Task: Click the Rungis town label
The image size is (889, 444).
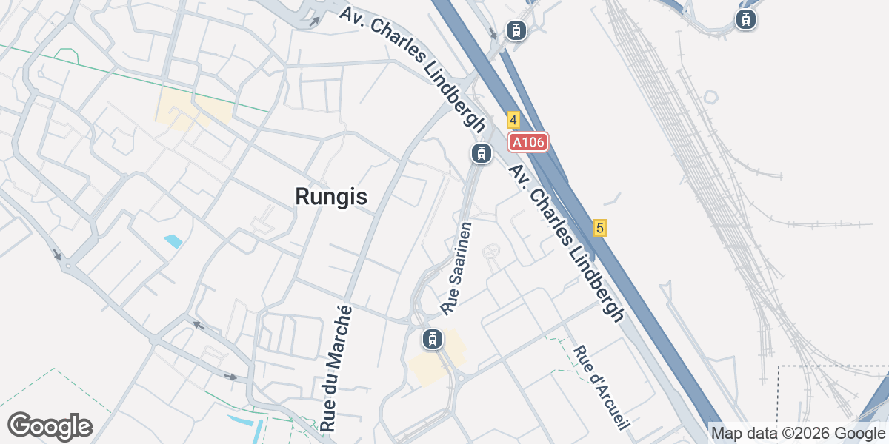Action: [331, 197]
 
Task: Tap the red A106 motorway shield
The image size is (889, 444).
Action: [527, 141]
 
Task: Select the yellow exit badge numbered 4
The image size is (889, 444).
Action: [513, 120]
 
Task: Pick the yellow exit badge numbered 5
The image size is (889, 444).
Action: [600, 228]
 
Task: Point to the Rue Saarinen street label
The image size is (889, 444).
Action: [456, 267]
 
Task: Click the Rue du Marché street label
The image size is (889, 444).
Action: [336, 368]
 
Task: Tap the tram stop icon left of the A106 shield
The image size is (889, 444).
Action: [481, 153]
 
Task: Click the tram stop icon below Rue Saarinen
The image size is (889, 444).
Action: [431, 340]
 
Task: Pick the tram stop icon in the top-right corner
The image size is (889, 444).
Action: [745, 19]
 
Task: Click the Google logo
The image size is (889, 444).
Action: [50, 426]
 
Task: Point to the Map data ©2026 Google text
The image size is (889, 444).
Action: [797, 433]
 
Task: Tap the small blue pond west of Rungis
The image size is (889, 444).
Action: [173, 240]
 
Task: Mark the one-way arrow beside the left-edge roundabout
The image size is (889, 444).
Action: [57, 255]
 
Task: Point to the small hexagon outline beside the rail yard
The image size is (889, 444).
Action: [710, 97]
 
